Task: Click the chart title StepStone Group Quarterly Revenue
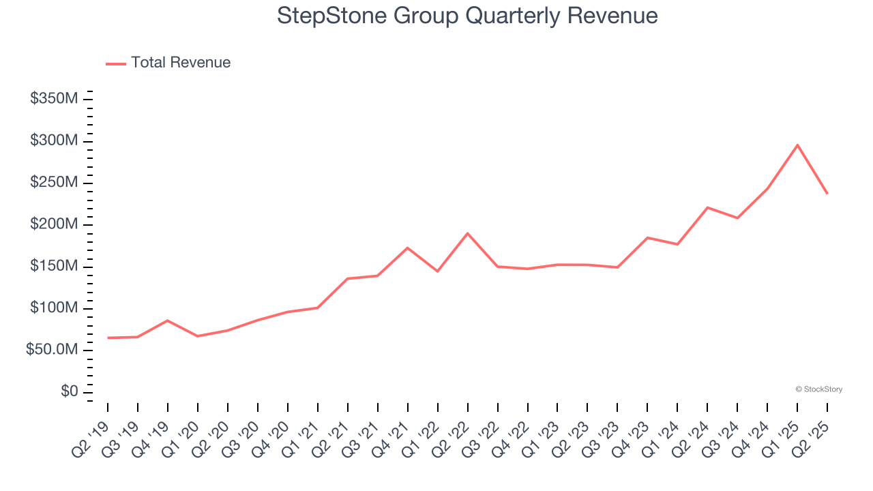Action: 467,16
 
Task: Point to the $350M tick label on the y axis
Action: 54,99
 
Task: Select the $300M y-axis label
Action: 54,141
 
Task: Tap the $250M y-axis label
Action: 54,183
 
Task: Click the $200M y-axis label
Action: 54,225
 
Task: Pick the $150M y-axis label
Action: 54,267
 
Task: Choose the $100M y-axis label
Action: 54,308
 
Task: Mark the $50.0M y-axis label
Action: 52,351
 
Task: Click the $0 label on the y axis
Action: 69,392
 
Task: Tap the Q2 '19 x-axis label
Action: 91,436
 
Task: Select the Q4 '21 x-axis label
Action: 391,436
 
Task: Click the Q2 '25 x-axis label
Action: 812,436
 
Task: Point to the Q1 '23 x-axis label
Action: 542,436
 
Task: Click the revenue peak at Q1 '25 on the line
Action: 797,145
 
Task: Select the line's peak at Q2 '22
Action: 467,233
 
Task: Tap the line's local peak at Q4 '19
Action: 168,321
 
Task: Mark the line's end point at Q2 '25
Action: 827,194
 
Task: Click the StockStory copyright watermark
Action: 818,389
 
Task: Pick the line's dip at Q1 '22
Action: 437,271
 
